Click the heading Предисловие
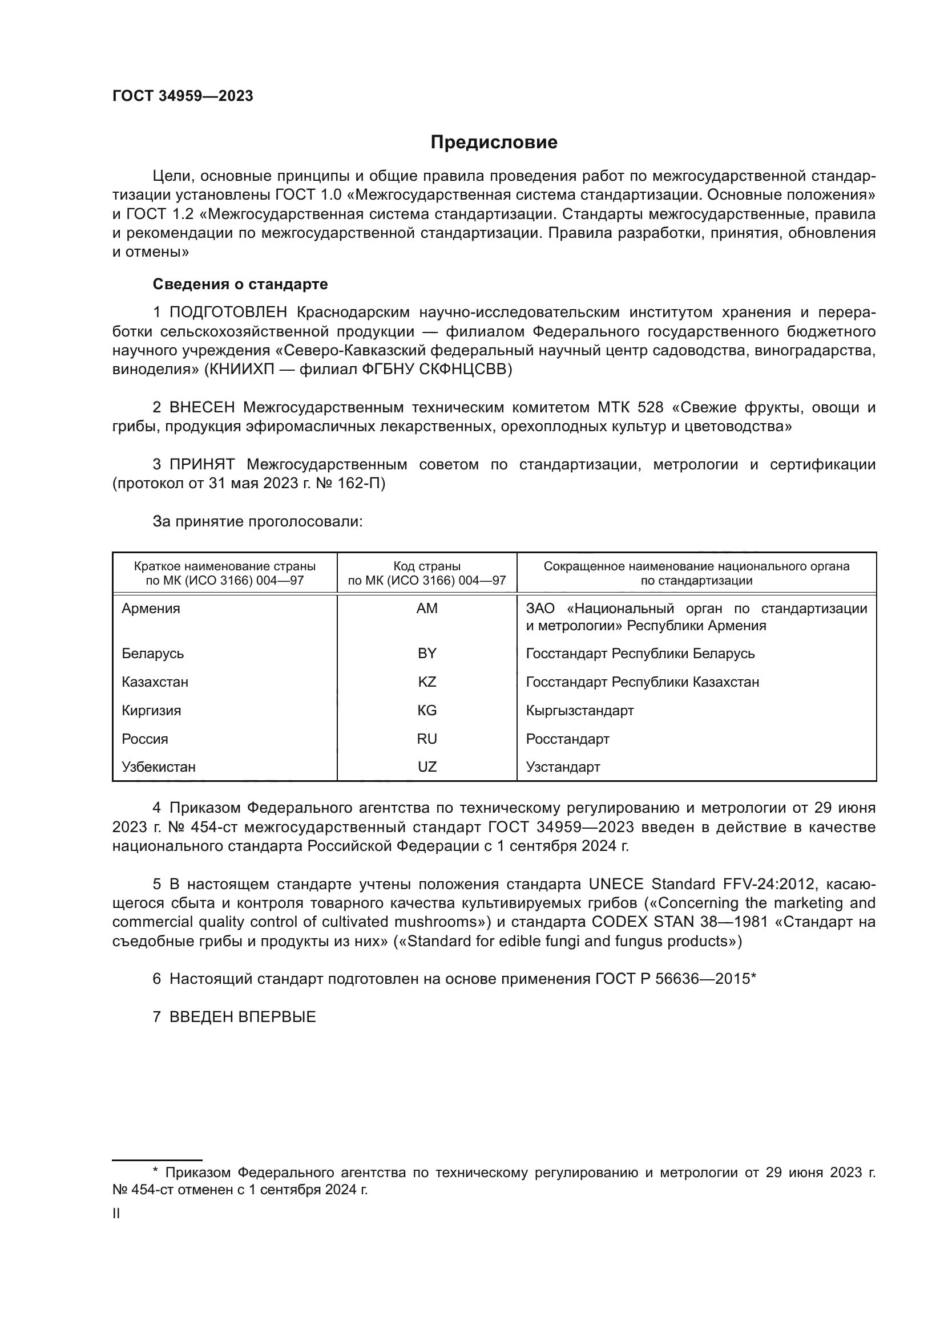tap(494, 143)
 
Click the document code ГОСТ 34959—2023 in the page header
tap(183, 96)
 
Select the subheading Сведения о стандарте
tap(240, 284)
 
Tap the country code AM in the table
tap(427, 609)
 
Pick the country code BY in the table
tap(427, 653)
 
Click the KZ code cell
tap(427, 682)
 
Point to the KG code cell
tap(427, 710)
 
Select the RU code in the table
tap(427, 739)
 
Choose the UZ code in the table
tap(427, 767)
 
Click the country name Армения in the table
tap(151, 609)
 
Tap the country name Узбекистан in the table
tap(158, 767)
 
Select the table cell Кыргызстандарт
tap(579, 710)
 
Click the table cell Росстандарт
tap(567, 739)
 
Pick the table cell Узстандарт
tap(563, 767)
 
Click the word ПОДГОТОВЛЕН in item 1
tap(228, 313)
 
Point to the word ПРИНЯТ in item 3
tap(201, 464)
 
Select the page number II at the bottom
tap(116, 1213)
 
